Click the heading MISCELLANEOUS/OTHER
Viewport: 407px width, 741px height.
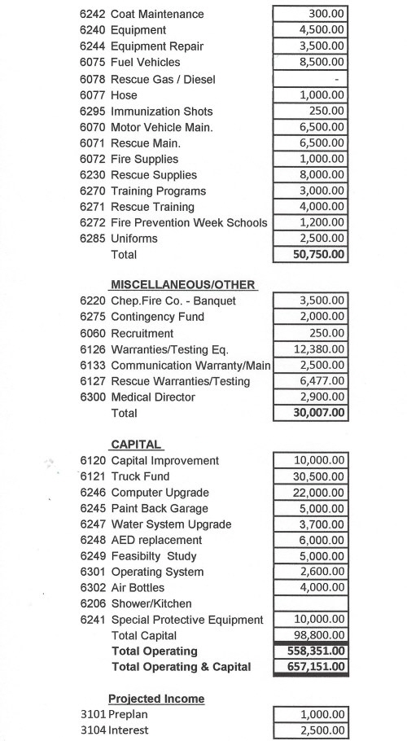(x=183, y=285)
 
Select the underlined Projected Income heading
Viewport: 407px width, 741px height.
(x=156, y=699)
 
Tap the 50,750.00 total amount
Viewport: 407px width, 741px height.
(x=319, y=254)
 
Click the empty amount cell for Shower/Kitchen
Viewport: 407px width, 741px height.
(x=311, y=603)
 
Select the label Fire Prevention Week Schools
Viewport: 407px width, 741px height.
(x=189, y=222)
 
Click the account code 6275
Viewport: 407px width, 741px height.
(x=93, y=317)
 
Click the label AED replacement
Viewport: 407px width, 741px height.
(x=156, y=540)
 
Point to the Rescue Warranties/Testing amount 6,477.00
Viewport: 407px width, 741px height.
(x=324, y=381)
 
